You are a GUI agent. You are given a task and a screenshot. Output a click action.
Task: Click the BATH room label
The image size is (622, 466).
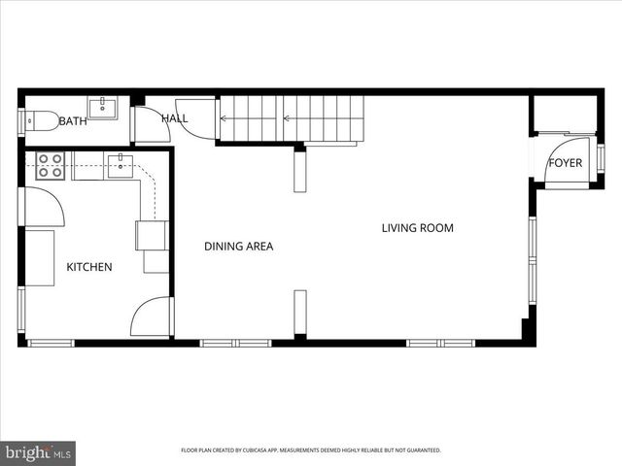73,121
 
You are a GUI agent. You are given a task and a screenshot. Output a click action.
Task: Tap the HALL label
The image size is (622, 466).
175,117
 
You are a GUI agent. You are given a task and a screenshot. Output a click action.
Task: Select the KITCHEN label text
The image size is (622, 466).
89,267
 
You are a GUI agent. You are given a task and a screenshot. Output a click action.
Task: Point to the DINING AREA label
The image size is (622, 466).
238,247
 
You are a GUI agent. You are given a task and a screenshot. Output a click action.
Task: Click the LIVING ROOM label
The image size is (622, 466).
418,229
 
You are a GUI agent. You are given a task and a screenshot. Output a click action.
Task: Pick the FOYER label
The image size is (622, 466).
565,163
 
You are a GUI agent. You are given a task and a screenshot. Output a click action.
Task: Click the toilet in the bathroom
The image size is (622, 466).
40,121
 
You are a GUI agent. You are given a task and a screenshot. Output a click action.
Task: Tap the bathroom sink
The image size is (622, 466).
102,106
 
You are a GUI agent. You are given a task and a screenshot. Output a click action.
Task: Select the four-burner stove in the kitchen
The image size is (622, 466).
51,166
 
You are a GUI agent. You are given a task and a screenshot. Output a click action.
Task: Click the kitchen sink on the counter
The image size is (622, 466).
120,166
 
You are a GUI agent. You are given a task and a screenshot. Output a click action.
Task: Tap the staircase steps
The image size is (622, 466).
292,118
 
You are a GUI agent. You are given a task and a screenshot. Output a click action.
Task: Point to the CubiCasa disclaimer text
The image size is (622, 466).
311,450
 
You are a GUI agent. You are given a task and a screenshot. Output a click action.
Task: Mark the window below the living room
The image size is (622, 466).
439,343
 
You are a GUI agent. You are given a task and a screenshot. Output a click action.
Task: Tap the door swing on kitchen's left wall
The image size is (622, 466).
43,208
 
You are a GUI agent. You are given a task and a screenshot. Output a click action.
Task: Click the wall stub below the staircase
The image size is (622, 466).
300,169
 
